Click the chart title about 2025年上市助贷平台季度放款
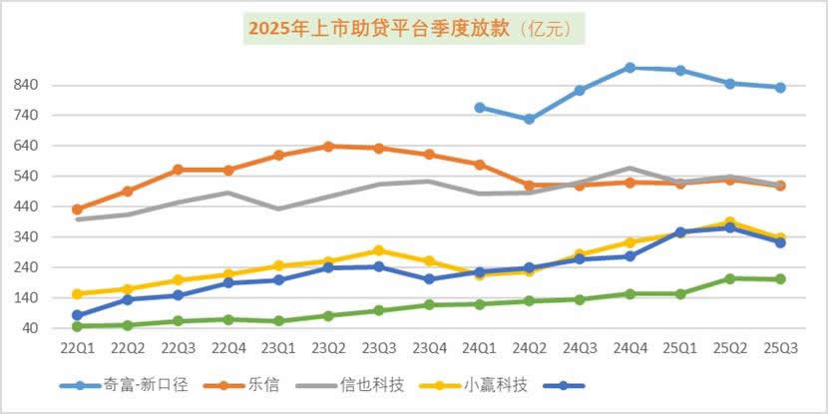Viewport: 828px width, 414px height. [413, 28]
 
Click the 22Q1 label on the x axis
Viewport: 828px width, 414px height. [77, 347]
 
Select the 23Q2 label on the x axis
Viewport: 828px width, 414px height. [328, 347]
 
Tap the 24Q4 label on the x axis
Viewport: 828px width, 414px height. [630, 347]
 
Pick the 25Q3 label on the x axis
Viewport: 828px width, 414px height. [781, 347]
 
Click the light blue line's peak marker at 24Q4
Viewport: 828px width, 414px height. [630, 68]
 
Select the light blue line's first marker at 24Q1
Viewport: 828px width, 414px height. [480, 108]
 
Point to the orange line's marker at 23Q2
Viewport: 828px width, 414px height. [328, 147]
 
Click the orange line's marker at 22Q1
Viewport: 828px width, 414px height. [77, 209]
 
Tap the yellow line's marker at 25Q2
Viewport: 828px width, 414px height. [731, 222]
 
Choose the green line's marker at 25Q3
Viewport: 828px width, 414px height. [781, 279]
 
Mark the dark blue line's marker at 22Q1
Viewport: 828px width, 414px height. [77, 315]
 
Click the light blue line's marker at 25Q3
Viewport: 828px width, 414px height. [781, 88]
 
